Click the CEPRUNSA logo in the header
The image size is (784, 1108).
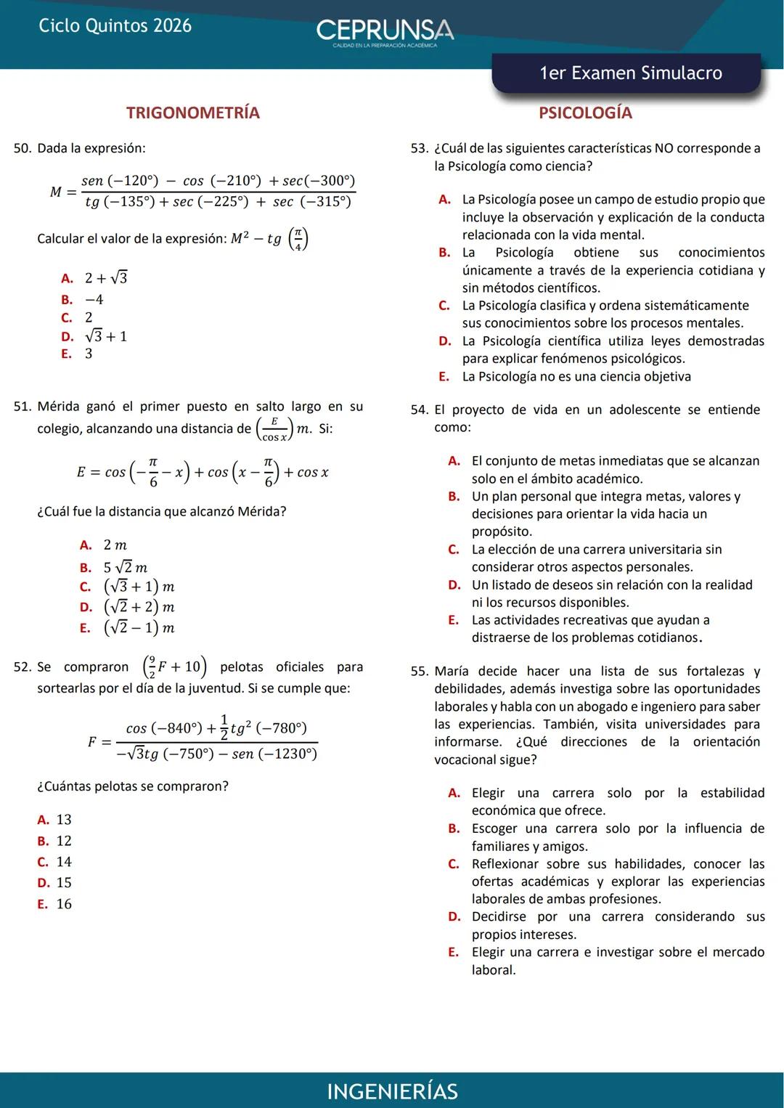coord(385,31)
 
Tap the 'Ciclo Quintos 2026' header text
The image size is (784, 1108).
coord(115,26)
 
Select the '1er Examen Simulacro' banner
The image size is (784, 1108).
coord(630,73)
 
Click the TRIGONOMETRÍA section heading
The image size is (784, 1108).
coord(192,113)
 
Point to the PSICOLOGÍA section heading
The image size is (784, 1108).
coord(585,113)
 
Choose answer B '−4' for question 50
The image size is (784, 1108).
coord(94,299)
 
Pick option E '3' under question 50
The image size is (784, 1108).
coord(88,354)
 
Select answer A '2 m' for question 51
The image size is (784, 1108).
coord(115,545)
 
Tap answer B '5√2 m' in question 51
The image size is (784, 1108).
coord(125,567)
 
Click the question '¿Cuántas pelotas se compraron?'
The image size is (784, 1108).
coord(133,786)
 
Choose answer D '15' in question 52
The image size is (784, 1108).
coord(64,882)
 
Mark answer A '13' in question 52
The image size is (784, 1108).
coord(64,819)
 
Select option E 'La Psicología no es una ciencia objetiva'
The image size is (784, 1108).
coord(576,376)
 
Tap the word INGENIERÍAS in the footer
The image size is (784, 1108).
coord(392,1091)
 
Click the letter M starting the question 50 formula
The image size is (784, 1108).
coord(56,192)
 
